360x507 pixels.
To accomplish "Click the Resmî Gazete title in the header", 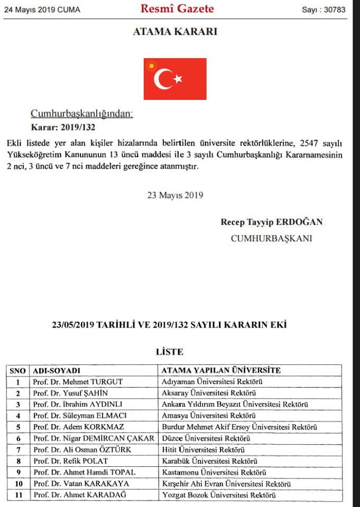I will [177, 8].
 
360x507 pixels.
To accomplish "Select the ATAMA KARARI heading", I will [175, 32].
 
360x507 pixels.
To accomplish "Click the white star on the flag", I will [178, 79].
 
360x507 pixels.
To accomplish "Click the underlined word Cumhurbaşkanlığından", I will [82, 114].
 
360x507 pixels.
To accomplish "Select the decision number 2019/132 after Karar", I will [78, 127].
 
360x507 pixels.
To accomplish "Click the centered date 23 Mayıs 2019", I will [175, 195].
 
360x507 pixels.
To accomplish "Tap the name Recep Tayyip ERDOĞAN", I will [271, 222].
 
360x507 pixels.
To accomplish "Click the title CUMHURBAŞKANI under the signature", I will [271, 238].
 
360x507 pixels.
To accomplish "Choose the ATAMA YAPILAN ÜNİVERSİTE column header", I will [221, 370].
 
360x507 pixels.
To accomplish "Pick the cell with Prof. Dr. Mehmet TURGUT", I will [77, 382].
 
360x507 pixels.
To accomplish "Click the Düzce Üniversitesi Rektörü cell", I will [206, 438].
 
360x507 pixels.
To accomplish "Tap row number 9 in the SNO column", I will [18, 472].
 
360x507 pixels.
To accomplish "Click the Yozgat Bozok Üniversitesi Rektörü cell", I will [219, 495].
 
